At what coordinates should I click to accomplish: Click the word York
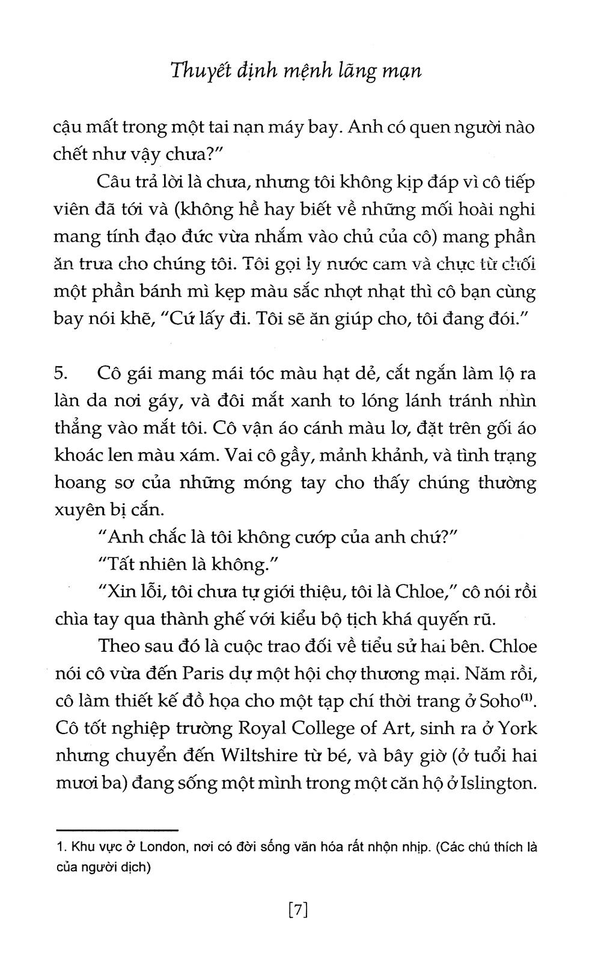(517, 728)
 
